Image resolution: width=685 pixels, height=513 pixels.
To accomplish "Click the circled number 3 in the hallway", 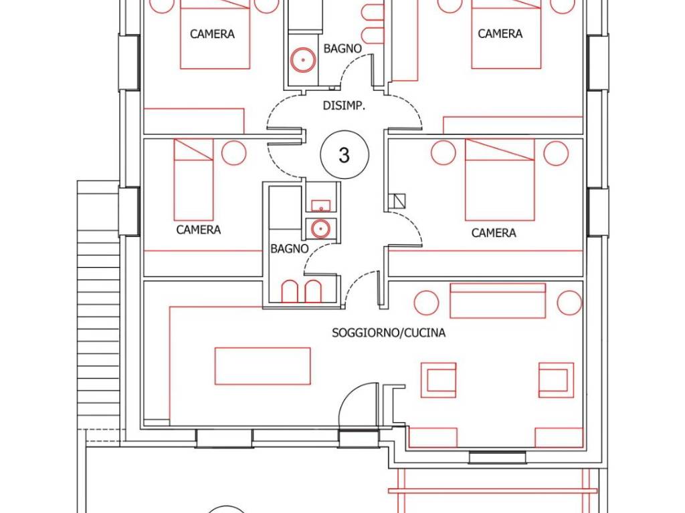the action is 345,154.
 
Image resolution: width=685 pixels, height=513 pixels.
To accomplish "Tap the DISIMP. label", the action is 344,106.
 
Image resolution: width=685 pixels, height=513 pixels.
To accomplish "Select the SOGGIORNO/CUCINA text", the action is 389,333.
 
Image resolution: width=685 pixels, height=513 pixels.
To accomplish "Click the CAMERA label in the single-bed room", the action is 198,230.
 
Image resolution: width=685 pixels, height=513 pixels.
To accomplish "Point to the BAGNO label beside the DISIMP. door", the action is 342,48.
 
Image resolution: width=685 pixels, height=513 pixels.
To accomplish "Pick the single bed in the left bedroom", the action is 193,179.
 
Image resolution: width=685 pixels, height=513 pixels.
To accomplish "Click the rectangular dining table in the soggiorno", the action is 262,366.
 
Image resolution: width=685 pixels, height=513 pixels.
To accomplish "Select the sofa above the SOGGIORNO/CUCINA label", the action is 498,301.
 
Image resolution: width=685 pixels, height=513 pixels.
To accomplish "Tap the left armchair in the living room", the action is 439,380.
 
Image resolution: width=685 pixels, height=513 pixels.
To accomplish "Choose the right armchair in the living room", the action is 556,380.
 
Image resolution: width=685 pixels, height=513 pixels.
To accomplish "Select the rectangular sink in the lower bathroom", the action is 321,205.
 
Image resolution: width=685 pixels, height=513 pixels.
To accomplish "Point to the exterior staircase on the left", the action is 98,305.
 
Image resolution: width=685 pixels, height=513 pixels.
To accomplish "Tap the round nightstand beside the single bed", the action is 234,153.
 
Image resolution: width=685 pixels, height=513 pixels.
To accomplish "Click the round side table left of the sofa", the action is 426,303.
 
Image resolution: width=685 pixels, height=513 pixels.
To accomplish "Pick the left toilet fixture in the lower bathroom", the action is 290,291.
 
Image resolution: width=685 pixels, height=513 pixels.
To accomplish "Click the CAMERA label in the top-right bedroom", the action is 500,33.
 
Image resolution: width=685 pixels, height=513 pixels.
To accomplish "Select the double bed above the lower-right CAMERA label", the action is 500,180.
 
